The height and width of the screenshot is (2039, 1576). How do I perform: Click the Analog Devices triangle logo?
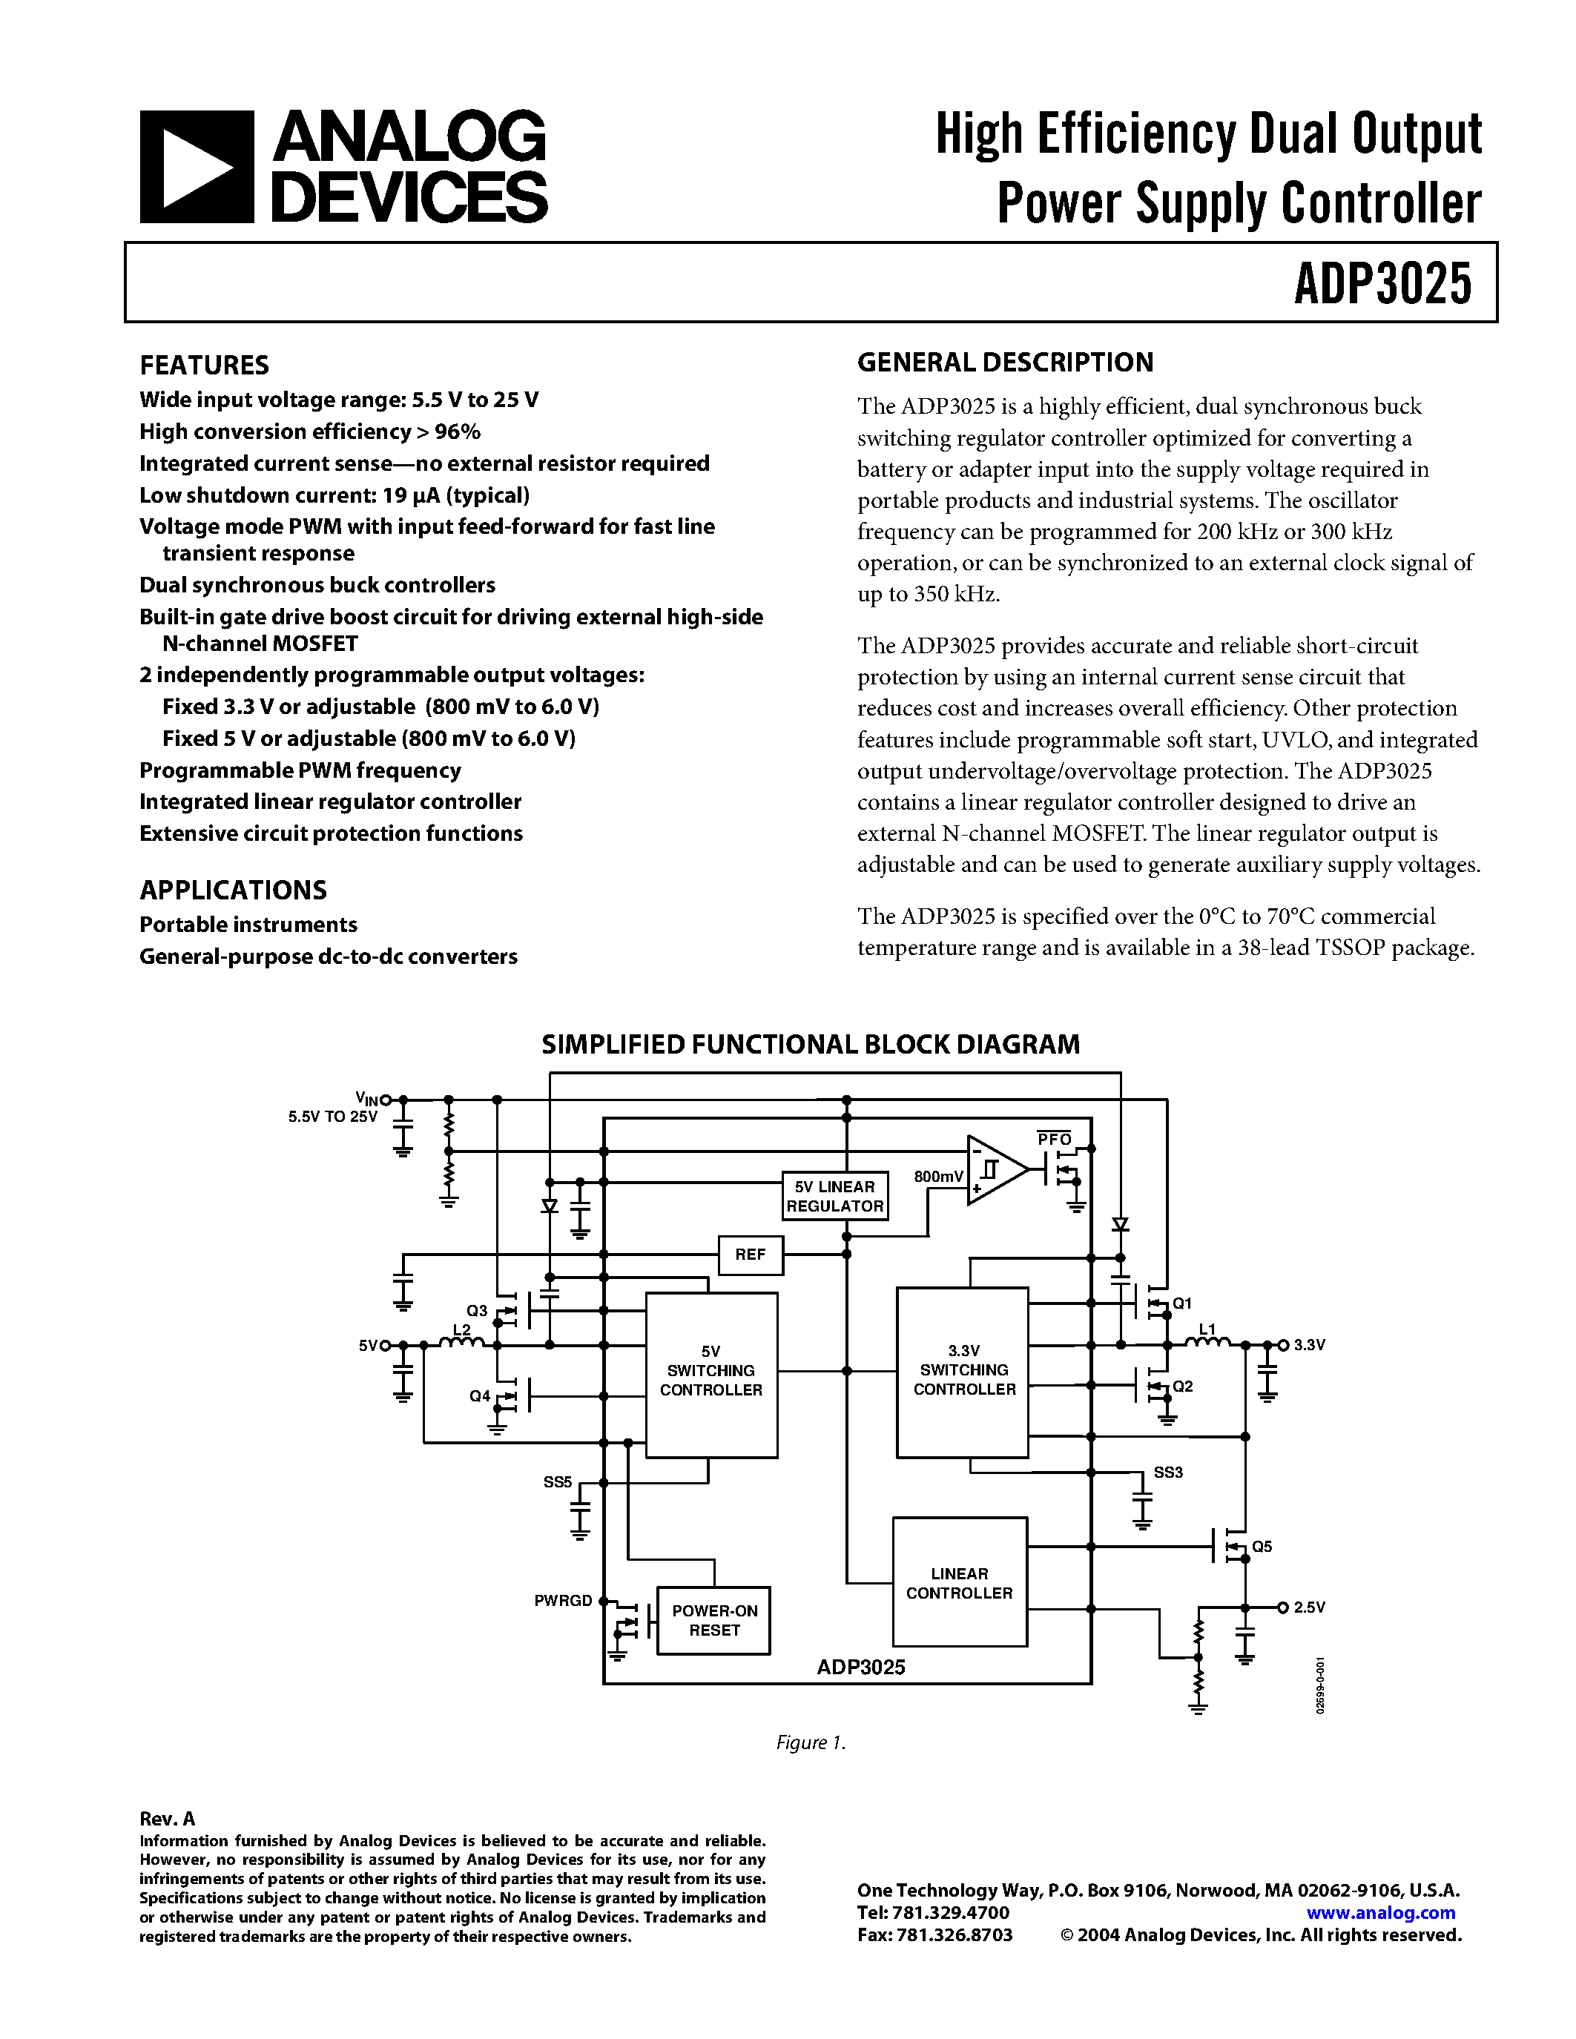pos(196,167)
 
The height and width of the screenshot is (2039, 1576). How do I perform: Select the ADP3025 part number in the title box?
pos(1382,284)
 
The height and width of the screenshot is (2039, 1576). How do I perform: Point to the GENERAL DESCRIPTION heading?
pos(1005,363)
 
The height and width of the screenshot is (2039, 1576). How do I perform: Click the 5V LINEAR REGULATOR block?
pos(834,1196)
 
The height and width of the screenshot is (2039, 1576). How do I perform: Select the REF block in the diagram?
pos(750,1255)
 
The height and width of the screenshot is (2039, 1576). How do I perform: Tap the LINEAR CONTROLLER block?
pos(959,1584)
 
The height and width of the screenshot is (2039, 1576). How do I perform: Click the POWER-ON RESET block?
pos(714,1621)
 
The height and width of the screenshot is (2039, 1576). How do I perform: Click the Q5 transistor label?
pos(1262,1547)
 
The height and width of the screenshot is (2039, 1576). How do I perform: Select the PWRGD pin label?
pos(563,1600)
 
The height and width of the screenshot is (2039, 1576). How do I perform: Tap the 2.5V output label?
pos(1309,1607)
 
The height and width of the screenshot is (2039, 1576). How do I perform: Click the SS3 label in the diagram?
pos(1168,1473)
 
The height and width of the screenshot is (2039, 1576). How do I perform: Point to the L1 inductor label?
pos(1207,1329)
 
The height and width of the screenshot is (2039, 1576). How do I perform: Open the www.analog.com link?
pos(1380,1912)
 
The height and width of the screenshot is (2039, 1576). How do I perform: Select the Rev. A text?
pos(167,1819)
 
